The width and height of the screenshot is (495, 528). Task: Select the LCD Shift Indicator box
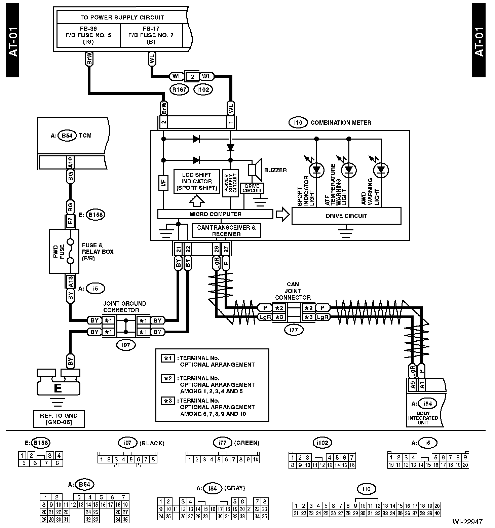coord(197,181)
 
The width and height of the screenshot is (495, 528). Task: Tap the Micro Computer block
coord(215,214)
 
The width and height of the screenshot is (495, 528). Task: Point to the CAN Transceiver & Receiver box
coord(226,231)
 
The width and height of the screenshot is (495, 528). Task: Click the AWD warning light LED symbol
coord(381,170)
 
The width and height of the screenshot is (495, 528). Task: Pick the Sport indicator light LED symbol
coord(316,170)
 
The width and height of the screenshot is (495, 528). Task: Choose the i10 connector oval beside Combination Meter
coord(298,123)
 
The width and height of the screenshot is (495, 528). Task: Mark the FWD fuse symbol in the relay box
coord(70,252)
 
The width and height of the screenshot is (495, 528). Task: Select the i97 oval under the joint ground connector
coord(126,345)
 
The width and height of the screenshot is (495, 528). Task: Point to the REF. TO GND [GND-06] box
coord(59,419)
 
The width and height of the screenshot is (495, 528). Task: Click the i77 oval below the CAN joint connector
coord(294,330)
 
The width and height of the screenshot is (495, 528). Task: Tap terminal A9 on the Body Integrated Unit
coord(413,384)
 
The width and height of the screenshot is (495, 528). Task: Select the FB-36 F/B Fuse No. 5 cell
coord(88,35)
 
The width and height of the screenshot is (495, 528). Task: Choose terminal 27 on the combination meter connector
coord(226,249)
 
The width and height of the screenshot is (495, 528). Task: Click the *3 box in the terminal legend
coord(167,401)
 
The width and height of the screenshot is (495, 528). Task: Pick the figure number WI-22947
coord(467,522)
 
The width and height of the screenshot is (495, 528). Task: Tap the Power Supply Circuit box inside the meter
coord(230,183)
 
